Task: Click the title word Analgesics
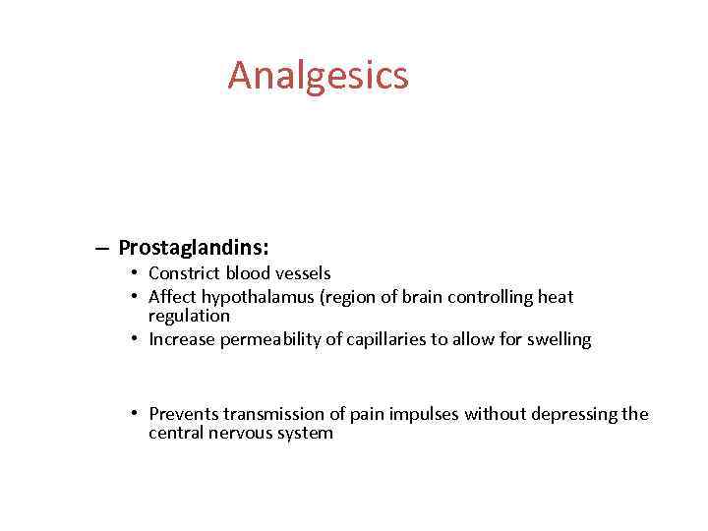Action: pyautogui.click(x=318, y=76)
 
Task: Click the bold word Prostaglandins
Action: pyautogui.click(x=192, y=247)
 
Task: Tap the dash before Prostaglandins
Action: pyautogui.click(x=103, y=248)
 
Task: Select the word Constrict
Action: pyautogui.click(x=184, y=273)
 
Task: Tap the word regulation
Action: pyautogui.click(x=189, y=316)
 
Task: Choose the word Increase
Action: pyautogui.click(x=182, y=339)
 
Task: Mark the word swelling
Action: pyautogui.click(x=559, y=339)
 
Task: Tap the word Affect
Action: pyautogui.click(x=171, y=296)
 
